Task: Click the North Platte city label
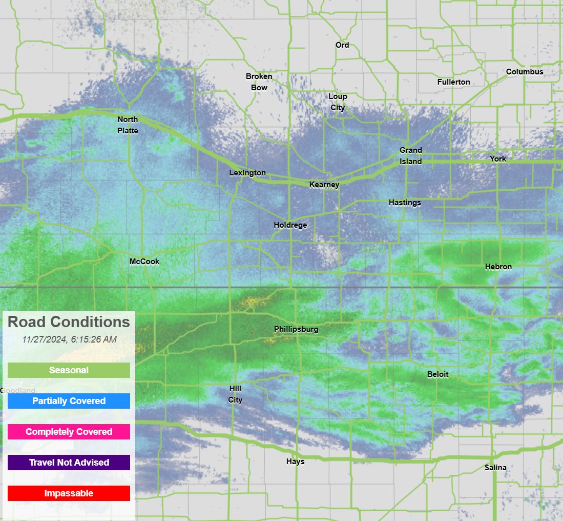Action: tap(128, 125)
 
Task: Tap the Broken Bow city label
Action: tap(259, 82)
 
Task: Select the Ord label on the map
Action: tap(342, 45)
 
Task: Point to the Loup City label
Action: tap(338, 102)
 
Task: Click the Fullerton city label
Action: tap(453, 82)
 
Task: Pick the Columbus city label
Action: tap(525, 72)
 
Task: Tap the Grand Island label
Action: tap(411, 156)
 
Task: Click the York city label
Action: tap(497, 159)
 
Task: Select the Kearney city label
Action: tap(324, 185)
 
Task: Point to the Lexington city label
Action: tap(247, 173)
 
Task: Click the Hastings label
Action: tap(405, 203)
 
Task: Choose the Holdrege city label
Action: tap(290, 225)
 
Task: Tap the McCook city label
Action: tap(144, 262)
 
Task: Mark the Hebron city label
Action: tap(498, 267)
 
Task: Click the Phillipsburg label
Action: tap(296, 329)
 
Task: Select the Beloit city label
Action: tap(437, 374)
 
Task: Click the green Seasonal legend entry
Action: tap(69, 370)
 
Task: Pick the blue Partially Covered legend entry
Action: tap(69, 401)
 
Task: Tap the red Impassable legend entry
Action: tap(69, 493)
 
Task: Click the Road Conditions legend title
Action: tap(69, 322)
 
